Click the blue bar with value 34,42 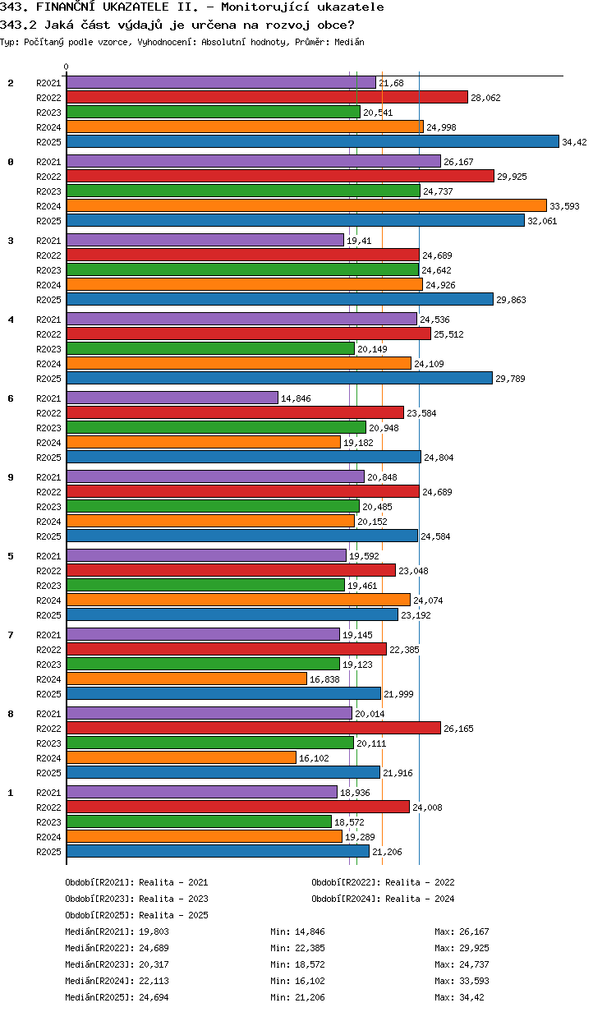[x=312, y=141]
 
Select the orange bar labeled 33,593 [x=306, y=205]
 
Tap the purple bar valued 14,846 [x=172, y=398]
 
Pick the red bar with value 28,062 [x=267, y=97]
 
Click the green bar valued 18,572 [x=199, y=821]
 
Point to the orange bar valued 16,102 [x=181, y=757]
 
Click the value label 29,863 [x=511, y=300]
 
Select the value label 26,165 [x=458, y=729]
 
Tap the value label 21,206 [x=388, y=852]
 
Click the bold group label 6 [x=11, y=398]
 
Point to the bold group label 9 [x=11, y=476]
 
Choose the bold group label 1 [x=11, y=792]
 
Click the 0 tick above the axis [x=67, y=67]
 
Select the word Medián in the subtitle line [x=349, y=41]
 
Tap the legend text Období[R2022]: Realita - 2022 [x=383, y=882]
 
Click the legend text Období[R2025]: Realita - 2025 [x=136, y=915]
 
